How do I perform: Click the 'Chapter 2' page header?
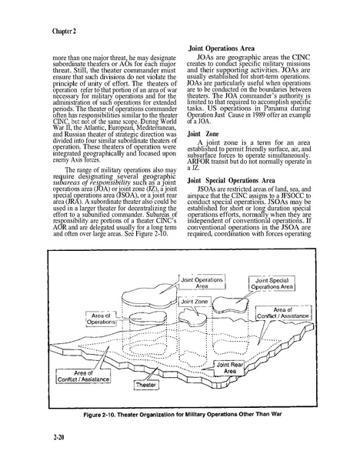click(64, 31)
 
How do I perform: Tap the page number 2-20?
click(58, 438)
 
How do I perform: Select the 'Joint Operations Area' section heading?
click(222, 48)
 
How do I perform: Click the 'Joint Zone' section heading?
click(203, 134)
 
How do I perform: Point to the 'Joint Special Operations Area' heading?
click(232, 181)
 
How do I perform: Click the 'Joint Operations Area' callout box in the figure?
click(202, 282)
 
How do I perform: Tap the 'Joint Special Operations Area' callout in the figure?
click(272, 284)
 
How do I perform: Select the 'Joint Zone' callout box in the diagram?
click(195, 302)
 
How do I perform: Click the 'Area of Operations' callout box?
click(101, 319)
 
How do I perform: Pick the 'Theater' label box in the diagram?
click(145, 385)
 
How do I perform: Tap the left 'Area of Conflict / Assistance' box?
click(83, 376)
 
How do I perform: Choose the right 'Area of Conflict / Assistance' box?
click(283, 313)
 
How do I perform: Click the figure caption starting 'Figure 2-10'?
click(182, 414)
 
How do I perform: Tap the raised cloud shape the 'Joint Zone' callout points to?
click(193, 316)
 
